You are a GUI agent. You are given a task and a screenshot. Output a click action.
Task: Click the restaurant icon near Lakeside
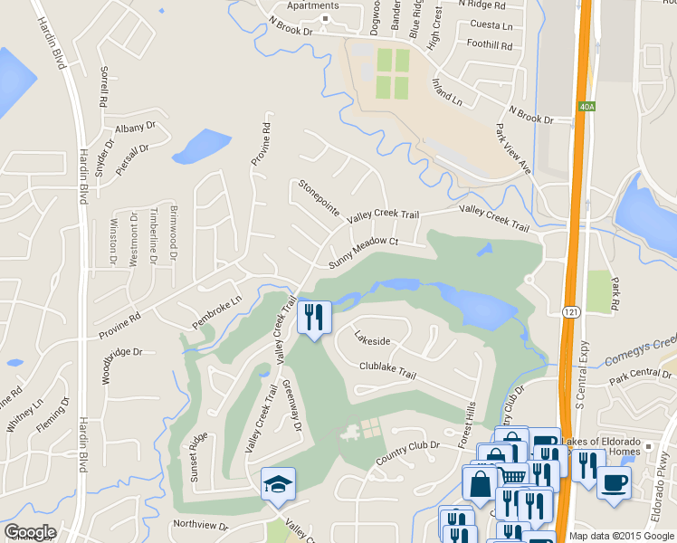pos(314,317)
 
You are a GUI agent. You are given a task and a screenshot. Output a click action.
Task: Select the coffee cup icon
pos(614,482)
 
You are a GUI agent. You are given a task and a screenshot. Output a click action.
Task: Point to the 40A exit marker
pos(586,107)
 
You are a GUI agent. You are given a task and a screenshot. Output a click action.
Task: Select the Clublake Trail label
pos(387,370)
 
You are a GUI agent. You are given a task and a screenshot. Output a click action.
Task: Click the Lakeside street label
pos(372,340)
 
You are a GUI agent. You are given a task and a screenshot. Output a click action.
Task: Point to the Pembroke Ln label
pos(217,311)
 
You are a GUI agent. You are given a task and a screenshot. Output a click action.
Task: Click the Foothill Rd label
pos(490,44)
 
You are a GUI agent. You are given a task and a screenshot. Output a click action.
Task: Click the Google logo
pos(30,532)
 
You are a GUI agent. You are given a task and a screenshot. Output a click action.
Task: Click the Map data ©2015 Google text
pos(621,536)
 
